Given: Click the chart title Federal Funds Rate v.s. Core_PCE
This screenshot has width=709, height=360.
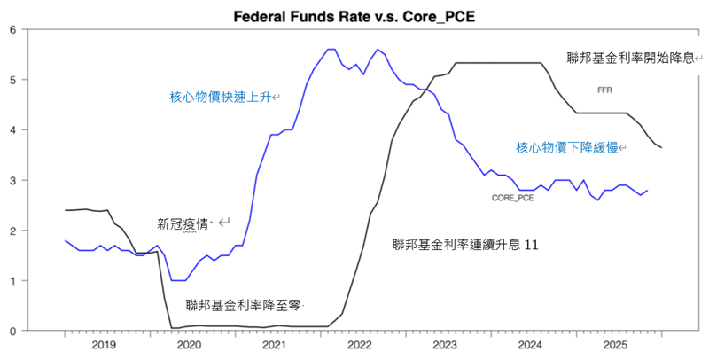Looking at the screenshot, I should coord(354,16).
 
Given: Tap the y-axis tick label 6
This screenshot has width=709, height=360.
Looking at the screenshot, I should coord(12,29).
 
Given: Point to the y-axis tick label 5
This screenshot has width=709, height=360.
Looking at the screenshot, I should coord(12,80).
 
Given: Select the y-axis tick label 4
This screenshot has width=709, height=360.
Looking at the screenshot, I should coord(12,130).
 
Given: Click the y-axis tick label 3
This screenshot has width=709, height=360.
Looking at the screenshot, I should coord(12,181).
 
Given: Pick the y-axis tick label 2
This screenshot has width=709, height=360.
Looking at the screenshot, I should coord(12,231).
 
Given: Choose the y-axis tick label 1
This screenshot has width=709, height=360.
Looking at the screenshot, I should coord(12,281).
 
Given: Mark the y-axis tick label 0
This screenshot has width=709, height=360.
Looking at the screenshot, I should coord(12,332).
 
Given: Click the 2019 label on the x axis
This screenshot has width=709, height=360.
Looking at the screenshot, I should coord(104,345).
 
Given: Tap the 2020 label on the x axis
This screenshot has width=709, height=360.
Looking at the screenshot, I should coord(189,345).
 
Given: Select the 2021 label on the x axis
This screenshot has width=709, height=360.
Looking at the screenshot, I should coord(274,345).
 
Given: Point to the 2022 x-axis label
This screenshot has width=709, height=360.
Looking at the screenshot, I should coord(359,345).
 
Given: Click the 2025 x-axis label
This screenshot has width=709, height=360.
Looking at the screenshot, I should coord(614,345).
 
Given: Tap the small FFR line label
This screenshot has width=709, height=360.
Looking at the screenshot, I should coord(605,90).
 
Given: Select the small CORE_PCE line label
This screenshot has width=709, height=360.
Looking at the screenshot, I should coord(512,198).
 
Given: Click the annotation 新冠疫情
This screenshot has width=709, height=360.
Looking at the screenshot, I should coord(183,224).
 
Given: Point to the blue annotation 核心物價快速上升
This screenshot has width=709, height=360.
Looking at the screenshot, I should coord(222,97).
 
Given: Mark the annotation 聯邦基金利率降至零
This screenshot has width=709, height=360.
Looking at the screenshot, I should coord(243,305).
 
